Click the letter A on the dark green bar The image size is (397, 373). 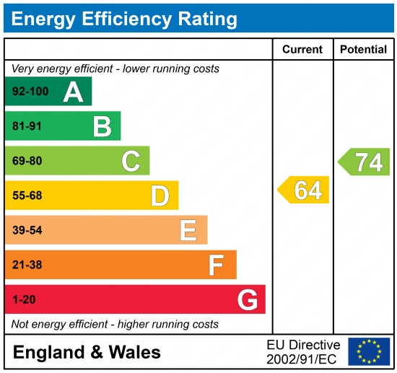[x=73, y=92]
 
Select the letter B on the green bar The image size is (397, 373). [x=102, y=126]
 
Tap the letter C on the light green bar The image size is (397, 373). [x=131, y=161]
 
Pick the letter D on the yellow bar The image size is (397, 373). [x=160, y=196]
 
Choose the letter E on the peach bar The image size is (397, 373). [x=188, y=230]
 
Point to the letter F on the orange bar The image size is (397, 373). [x=217, y=265]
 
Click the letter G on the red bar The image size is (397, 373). [x=247, y=299]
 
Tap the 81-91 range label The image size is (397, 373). [x=27, y=126]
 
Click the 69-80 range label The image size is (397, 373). [x=27, y=161]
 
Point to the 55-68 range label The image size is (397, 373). [x=27, y=196]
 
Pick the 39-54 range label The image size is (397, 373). [x=27, y=230]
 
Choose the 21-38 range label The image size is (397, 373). [x=27, y=265]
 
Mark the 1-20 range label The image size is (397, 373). [x=24, y=299]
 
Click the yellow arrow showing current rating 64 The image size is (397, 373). [x=304, y=190]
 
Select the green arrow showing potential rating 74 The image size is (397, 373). [x=365, y=162]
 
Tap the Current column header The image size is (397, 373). [x=302, y=49]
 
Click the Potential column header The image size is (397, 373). [x=363, y=49]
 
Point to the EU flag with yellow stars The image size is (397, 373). [x=368, y=351]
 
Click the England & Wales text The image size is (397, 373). [x=87, y=352]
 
